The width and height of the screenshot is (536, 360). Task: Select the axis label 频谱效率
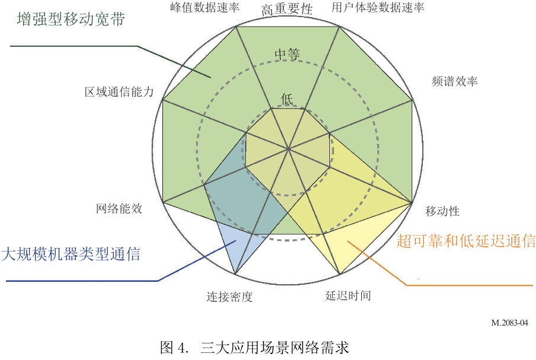(x=455, y=82)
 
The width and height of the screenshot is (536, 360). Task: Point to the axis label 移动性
(x=442, y=211)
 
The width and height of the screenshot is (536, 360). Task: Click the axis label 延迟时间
(x=348, y=295)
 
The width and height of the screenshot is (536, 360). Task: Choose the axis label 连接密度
(x=230, y=297)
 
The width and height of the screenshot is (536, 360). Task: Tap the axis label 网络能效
(x=120, y=209)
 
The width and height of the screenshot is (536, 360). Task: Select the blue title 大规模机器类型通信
(x=70, y=255)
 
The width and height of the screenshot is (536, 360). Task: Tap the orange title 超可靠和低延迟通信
(x=466, y=241)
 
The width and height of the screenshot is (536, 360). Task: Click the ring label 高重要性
(x=287, y=9)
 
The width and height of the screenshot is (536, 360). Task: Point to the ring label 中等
(x=287, y=54)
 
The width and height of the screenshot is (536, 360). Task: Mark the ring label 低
(x=287, y=98)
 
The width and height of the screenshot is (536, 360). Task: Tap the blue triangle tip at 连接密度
(x=236, y=275)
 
